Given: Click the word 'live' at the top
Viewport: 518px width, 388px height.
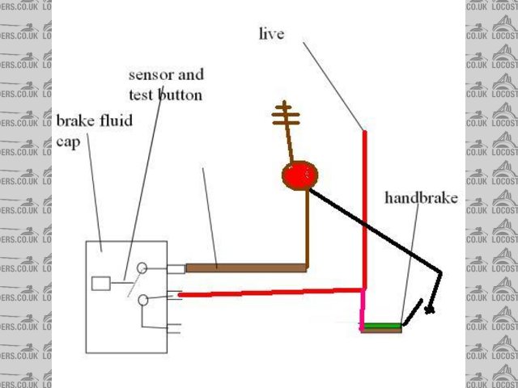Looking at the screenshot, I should [271, 34].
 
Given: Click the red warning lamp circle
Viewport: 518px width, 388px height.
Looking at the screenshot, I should [299, 175].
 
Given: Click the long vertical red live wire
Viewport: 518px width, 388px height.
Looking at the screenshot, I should [365, 210].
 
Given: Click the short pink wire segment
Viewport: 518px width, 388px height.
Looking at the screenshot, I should [363, 311].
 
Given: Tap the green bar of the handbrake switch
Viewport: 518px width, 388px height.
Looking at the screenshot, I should [381, 326].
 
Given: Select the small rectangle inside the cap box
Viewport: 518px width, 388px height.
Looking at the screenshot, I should [100, 283].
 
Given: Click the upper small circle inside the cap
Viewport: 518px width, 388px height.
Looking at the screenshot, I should [142, 267].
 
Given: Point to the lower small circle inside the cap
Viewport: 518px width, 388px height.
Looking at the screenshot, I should [142, 301].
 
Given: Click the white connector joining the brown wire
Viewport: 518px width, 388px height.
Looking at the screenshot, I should [176, 268].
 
